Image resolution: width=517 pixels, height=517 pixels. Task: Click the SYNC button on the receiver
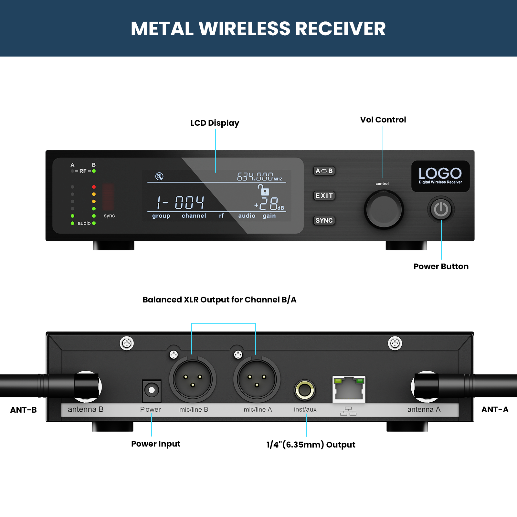[324, 220]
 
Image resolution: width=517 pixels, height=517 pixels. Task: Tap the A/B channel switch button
[324, 171]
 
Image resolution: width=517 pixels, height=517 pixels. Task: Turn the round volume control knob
[384, 210]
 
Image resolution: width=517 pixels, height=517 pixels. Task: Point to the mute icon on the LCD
[159, 176]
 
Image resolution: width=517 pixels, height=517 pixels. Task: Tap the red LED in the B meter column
[94, 187]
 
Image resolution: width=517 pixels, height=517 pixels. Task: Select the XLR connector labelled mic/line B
[193, 379]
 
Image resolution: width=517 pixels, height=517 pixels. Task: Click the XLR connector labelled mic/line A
[257, 379]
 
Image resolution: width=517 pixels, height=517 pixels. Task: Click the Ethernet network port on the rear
[349, 389]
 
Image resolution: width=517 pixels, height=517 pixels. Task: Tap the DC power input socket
[152, 390]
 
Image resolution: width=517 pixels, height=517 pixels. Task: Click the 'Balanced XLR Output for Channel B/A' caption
[219, 300]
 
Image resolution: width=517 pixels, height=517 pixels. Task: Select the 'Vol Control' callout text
[383, 120]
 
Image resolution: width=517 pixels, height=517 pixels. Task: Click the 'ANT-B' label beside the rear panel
[24, 410]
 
